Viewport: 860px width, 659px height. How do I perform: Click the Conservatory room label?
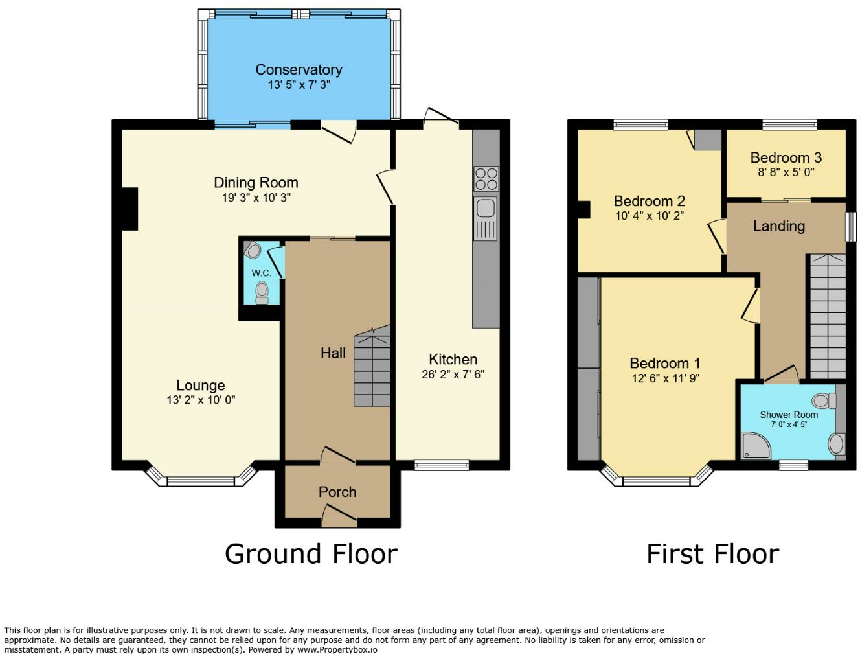tap(299, 69)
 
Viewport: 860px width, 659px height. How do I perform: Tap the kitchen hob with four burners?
tap(486, 179)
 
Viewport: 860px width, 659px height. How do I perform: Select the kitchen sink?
tap(485, 209)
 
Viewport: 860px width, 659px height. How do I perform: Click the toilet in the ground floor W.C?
tap(262, 292)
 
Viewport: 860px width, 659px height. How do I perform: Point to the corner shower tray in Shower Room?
tap(755, 445)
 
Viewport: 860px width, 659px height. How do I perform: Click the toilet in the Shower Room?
tap(824, 400)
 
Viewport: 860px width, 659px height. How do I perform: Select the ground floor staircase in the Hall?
tap(372, 367)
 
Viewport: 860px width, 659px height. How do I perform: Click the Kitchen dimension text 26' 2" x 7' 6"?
tap(453, 375)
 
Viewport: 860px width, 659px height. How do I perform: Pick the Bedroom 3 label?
tap(786, 157)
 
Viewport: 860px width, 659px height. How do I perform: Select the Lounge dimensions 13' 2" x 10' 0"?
tap(201, 400)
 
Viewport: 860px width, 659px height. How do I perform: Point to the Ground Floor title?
tap(311, 554)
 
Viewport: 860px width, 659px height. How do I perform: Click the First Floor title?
tap(712, 554)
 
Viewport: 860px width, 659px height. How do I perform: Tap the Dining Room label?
tap(256, 183)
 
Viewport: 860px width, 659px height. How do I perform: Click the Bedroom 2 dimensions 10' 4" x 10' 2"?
tap(649, 216)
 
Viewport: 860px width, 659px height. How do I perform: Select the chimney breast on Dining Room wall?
tap(129, 209)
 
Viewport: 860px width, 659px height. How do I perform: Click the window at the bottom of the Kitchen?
tap(442, 464)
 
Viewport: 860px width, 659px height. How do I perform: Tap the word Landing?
tap(778, 226)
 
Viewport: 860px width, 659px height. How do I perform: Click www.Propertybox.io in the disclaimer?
tap(337, 649)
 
